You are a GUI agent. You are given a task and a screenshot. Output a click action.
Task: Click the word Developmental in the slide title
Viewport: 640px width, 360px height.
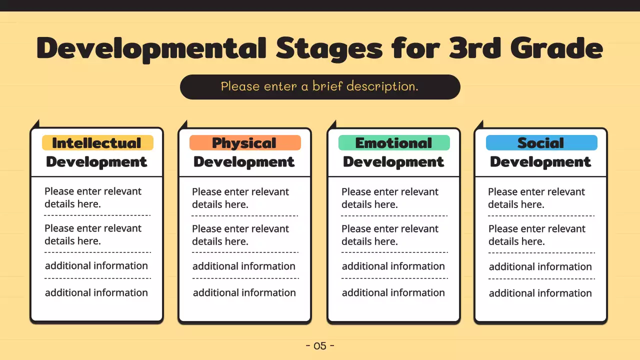click(151, 49)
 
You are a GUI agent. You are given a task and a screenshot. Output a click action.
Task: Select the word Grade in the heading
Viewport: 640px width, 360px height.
click(556, 48)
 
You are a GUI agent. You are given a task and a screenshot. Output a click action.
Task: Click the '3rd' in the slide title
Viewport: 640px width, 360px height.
click(475, 48)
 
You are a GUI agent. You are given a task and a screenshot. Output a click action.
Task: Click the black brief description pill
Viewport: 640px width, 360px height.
click(320, 87)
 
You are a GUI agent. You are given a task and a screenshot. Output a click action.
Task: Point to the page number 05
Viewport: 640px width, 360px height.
click(320, 346)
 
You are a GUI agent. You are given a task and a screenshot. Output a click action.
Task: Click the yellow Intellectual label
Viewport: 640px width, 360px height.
click(97, 143)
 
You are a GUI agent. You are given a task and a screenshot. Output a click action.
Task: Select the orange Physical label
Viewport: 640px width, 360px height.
click(245, 143)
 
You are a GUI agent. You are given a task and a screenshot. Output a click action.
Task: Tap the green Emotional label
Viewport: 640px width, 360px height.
click(394, 143)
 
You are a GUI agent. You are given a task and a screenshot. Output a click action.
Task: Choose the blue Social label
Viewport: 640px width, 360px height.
click(541, 143)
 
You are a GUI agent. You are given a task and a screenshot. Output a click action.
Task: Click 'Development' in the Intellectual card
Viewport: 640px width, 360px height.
click(96, 162)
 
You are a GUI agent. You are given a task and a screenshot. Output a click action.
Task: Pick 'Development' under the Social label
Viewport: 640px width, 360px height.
click(540, 162)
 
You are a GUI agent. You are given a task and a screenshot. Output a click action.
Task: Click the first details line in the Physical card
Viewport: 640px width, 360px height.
click(240, 198)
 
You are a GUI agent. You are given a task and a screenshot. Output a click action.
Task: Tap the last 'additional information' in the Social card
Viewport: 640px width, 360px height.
click(540, 293)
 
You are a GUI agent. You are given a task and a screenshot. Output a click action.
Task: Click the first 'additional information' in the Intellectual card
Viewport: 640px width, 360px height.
click(96, 265)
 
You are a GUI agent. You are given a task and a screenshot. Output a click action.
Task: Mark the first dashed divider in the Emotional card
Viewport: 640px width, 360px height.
click(394, 215)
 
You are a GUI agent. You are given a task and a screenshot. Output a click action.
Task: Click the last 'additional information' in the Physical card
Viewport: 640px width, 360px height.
click(244, 292)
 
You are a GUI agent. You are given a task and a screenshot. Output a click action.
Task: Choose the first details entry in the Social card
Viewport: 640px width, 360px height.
click(536, 198)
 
